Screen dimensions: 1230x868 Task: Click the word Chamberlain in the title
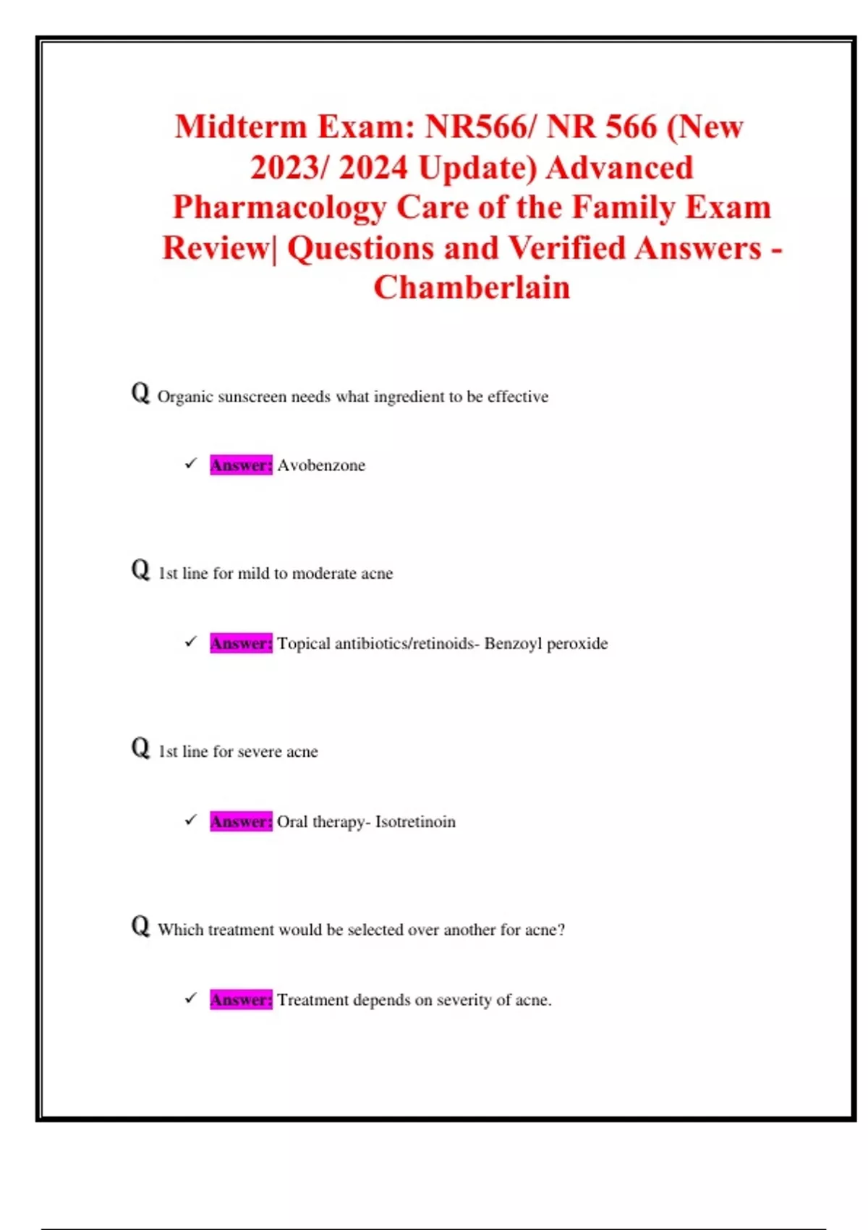point(472,287)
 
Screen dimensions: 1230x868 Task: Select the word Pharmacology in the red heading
point(279,208)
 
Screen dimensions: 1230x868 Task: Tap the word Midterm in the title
point(241,127)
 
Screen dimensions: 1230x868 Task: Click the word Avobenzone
point(321,465)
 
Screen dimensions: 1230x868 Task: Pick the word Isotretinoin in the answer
point(415,822)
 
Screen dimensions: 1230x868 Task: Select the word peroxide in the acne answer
point(577,644)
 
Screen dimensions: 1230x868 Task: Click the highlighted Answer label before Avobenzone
point(241,465)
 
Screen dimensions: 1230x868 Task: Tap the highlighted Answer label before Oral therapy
point(241,821)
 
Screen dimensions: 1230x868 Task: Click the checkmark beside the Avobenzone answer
point(191,463)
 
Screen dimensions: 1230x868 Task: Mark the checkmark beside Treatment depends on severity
point(191,998)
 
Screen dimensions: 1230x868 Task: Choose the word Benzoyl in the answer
point(513,644)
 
